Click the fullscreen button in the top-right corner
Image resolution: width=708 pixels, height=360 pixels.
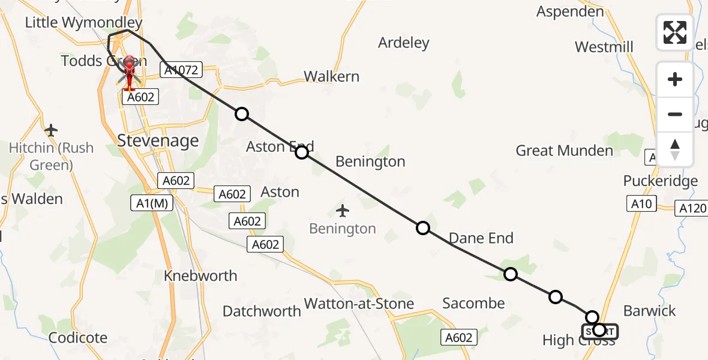click(x=675, y=32)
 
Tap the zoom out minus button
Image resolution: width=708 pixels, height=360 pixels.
click(x=675, y=114)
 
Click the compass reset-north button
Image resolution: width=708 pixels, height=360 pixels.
click(x=675, y=149)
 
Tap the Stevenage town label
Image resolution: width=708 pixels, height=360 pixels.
click(x=158, y=141)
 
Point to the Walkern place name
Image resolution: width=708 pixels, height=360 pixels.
click(x=331, y=76)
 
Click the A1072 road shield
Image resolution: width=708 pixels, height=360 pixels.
click(x=181, y=71)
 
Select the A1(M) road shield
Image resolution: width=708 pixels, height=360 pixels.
click(x=152, y=203)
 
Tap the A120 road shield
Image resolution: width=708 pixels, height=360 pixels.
click(x=691, y=208)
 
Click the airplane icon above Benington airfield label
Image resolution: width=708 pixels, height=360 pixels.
click(x=343, y=211)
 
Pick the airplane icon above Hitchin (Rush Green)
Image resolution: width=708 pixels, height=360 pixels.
click(x=51, y=130)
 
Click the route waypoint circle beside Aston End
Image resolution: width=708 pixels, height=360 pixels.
click(x=302, y=152)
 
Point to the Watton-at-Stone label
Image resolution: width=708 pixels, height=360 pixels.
click(x=359, y=304)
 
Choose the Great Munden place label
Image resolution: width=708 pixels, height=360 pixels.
click(x=564, y=151)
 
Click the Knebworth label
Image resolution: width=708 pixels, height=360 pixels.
click(x=200, y=276)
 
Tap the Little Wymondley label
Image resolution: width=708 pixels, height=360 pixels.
click(x=83, y=23)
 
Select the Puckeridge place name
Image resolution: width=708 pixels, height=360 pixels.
click(x=660, y=181)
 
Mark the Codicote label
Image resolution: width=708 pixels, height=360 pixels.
click(x=78, y=338)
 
